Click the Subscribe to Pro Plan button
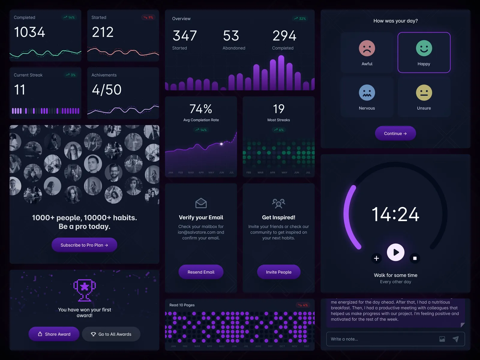84,245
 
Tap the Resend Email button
201,272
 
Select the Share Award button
54,334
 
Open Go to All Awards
111,334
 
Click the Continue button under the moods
395,133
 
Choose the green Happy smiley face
424,48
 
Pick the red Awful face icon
367,48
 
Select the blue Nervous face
367,93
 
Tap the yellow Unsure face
424,93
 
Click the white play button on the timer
396,252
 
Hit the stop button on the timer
415,258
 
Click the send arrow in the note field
456,339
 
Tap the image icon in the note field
442,339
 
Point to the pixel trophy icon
85,290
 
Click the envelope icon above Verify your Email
201,203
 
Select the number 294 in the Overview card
284,36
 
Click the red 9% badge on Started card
148,17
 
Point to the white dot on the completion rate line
221,144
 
